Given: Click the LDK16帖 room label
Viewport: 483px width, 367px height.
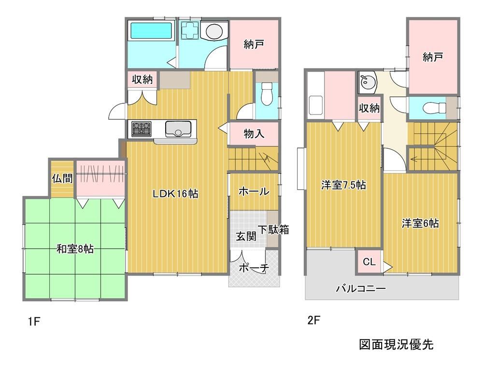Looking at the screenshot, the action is (176, 194).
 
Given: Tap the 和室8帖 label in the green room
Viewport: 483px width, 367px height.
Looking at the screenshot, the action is (75, 249).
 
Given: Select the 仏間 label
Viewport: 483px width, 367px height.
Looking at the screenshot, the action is (62, 179).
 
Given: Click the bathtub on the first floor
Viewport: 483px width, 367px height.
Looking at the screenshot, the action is (151, 31).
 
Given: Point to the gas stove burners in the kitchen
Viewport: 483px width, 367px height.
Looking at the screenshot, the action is (142, 129).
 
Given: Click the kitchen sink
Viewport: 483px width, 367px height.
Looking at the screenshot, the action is (178, 129).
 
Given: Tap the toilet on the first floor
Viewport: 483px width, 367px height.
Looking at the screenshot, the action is (267, 94).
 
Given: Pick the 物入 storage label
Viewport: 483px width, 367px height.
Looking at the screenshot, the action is (254, 134).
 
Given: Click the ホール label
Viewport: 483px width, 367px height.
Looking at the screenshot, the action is (254, 192).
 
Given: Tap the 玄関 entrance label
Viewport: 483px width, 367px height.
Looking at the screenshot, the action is (246, 236).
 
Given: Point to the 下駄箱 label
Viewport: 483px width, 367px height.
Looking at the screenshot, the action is (273, 229).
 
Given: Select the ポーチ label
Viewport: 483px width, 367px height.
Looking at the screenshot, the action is (254, 268).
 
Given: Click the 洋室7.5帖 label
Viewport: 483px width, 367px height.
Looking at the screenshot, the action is (343, 185).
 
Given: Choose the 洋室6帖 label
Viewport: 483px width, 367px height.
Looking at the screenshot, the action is (420, 223).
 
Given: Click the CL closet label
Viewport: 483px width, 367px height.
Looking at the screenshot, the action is (369, 262).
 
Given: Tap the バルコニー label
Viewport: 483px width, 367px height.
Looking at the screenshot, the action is (360, 288).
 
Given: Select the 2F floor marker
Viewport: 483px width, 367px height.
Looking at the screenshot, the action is (314, 321).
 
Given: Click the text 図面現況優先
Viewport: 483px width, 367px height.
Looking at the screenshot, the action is (396, 344).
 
